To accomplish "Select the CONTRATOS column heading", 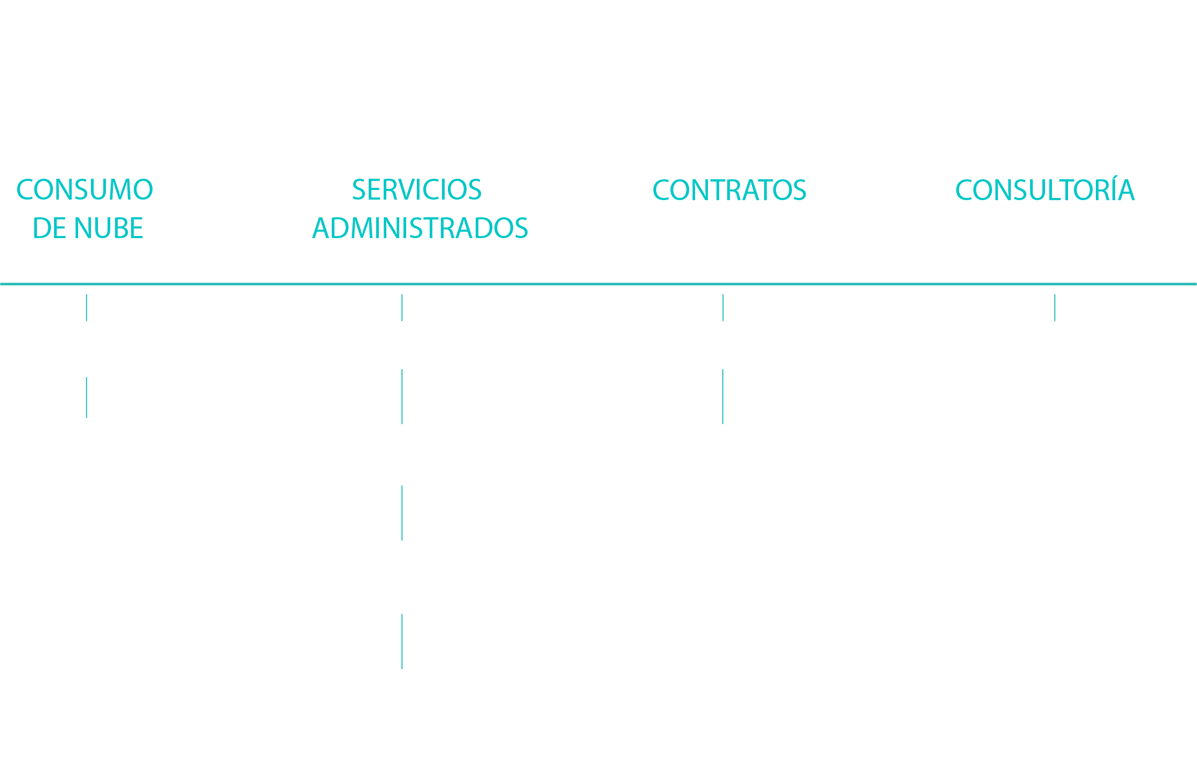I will pyautogui.click(x=729, y=190).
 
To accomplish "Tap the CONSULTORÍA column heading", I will pyautogui.click(x=1044, y=190).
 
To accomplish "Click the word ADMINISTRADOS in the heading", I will pyautogui.click(x=420, y=228).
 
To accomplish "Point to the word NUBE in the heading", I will pyautogui.click(x=109, y=228).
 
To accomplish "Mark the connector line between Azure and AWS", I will pyautogui.click(x=87, y=398).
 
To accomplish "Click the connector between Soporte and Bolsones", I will pyautogui.click(x=723, y=397).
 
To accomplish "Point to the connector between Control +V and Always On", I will pyautogui.click(x=402, y=642).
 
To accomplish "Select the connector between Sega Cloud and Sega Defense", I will pyautogui.click(x=402, y=397).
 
